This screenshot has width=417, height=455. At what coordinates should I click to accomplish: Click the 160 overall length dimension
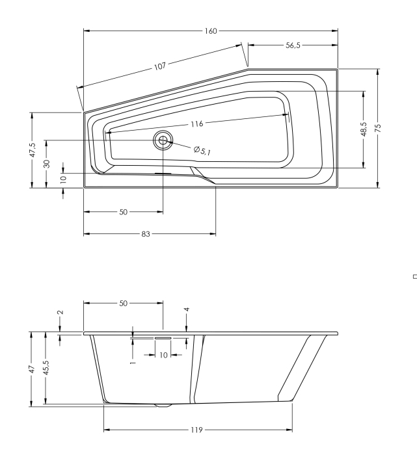(211, 31)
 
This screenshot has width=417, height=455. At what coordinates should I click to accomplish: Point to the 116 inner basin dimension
(197, 123)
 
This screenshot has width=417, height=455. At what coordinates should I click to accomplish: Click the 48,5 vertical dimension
(363, 128)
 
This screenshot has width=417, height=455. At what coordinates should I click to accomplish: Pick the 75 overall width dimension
(378, 128)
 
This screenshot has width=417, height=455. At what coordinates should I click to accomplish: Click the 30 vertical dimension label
(46, 164)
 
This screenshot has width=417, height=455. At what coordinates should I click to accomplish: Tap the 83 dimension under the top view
(149, 233)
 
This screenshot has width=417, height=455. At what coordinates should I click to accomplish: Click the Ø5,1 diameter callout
(202, 151)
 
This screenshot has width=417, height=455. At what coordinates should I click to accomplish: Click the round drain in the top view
(162, 140)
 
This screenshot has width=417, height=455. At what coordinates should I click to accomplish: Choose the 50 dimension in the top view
(124, 212)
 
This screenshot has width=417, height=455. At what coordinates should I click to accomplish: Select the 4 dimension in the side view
(187, 310)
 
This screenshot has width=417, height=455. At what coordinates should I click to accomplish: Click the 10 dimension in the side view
(163, 356)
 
